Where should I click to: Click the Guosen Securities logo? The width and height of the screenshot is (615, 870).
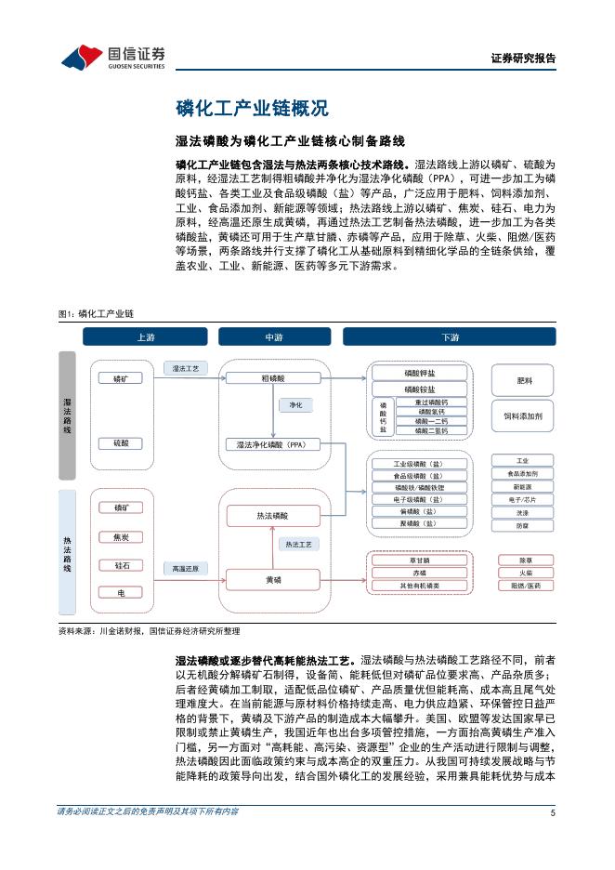[x=112, y=57]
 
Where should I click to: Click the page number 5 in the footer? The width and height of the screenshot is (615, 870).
[x=553, y=838]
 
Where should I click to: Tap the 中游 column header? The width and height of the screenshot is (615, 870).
[x=273, y=336]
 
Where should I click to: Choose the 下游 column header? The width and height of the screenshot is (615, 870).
[x=451, y=336]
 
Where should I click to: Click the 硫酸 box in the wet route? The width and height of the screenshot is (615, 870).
[x=121, y=443]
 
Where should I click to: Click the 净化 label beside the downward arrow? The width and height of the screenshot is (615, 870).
[x=295, y=405]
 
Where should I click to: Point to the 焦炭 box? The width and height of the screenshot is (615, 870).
[x=121, y=536]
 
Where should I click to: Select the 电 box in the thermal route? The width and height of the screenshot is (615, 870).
[x=121, y=592]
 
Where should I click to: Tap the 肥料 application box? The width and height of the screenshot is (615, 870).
[x=523, y=381]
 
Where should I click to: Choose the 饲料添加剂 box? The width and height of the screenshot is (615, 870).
[x=523, y=415]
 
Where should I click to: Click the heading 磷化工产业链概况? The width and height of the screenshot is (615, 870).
[x=252, y=109]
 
